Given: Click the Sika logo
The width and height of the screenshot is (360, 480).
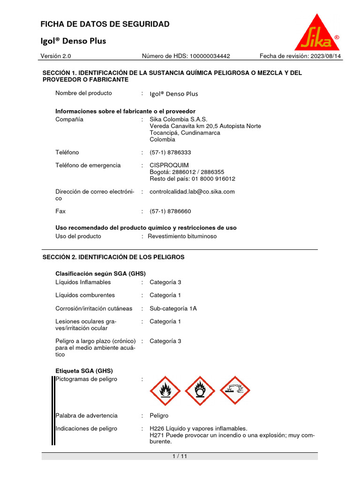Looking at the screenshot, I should tap(317, 33).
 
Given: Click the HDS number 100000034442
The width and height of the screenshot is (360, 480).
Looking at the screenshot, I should tap(210, 56).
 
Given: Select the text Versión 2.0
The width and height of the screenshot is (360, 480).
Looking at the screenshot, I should tap(56, 56).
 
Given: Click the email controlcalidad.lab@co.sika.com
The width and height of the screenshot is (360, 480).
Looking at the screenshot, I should tap(192, 192).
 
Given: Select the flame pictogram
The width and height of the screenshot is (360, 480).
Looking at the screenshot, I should tap(165, 390).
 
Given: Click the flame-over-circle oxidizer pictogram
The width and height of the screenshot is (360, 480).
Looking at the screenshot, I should tap(200, 390).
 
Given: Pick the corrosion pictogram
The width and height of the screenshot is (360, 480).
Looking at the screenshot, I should tap(235, 390).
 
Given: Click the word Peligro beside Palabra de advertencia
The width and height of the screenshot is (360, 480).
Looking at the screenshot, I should tap(159, 416).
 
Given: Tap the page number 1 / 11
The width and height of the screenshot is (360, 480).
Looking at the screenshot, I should tap(180, 456).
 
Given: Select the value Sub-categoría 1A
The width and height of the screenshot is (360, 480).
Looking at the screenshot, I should tap(173, 308).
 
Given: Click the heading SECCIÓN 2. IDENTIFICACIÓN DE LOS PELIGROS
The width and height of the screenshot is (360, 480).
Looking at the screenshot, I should tap(113, 257).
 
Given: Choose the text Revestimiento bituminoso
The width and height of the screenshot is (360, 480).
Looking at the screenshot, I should tap(182, 236).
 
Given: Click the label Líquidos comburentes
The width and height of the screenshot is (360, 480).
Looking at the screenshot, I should tap(85, 295).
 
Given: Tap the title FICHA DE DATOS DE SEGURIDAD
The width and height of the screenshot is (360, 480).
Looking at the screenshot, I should tap(105, 24).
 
